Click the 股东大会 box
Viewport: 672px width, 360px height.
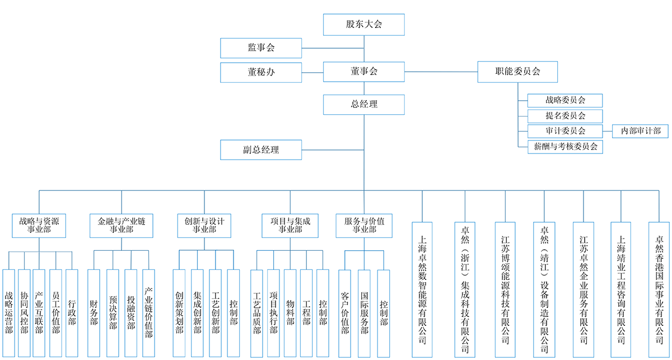(x=364, y=24)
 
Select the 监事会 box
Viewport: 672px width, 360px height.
(x=261, y=48)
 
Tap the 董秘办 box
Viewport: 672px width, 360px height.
(x=261, y=72)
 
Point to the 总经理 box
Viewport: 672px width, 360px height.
(x=364, y=104)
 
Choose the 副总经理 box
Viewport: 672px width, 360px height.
(x=261, y=149)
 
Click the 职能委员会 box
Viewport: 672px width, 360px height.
(x=517, y=72)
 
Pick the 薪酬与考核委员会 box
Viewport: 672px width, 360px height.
(x=565, y=147)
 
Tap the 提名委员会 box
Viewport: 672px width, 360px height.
(x=565, y=116)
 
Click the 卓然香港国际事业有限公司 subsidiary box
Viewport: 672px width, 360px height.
(x=659, y=289)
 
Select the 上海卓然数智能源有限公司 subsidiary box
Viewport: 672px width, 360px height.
(x=422, y=289)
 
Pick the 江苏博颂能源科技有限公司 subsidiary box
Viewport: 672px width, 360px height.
(x=506, y=289)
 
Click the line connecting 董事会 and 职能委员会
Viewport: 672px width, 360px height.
(x=441, y=72)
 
